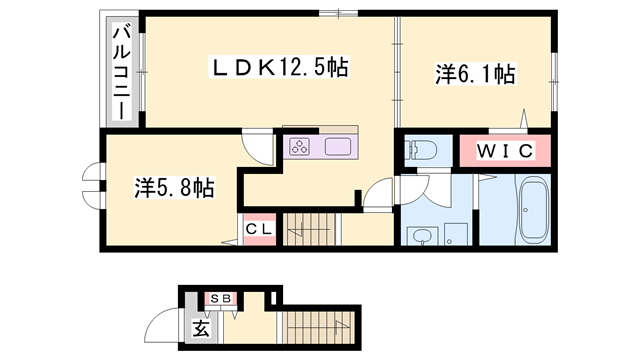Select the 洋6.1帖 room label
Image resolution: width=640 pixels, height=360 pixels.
475,73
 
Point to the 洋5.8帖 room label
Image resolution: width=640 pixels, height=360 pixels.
172,186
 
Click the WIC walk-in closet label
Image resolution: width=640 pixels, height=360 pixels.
503,151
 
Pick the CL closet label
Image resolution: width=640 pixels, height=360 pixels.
259,230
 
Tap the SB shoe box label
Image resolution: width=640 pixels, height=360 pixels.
219,298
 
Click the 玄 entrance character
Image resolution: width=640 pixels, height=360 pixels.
199,328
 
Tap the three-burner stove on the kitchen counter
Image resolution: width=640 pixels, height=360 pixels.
299,147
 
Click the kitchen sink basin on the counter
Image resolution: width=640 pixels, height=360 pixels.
338,147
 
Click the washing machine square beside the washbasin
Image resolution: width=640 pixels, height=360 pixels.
457,234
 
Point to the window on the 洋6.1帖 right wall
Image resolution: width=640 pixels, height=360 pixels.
555,73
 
